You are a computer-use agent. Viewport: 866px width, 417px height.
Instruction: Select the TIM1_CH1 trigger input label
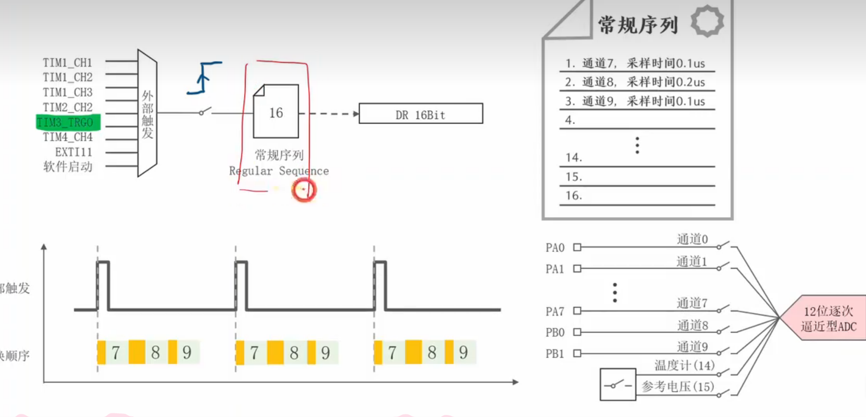tap(68, 63)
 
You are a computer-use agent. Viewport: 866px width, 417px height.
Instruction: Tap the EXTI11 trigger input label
tap(73, 152)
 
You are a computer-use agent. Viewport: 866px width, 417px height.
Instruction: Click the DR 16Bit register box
tap(421, 114)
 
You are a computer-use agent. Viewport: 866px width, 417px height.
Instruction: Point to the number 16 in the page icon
tap(276, 113)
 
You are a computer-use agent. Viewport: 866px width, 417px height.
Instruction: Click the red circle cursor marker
tap(304, 190)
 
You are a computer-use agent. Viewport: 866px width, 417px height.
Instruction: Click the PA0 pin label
tap(555, 247)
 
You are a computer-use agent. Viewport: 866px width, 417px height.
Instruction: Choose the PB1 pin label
tap(555, 354)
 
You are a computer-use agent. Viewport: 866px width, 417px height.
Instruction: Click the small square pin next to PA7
tap(577, 311)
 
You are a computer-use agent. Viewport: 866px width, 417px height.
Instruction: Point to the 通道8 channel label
tap(692, 325)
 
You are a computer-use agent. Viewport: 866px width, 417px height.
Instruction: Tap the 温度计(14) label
tap(684, 366)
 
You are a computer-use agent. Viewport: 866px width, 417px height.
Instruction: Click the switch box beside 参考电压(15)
tap(618, 385)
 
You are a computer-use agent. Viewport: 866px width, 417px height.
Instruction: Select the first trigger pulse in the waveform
tap(103, 286)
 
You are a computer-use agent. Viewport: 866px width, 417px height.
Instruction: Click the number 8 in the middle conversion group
tap(294, 353)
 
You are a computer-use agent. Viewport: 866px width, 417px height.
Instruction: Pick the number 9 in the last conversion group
tap(463, 353)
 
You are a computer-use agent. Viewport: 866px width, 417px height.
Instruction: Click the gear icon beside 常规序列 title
tap(707, 21)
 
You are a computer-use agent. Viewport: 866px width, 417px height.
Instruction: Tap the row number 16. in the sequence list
tap(573, 196)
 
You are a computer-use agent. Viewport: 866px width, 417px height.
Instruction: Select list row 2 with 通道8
tap(635, 82)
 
